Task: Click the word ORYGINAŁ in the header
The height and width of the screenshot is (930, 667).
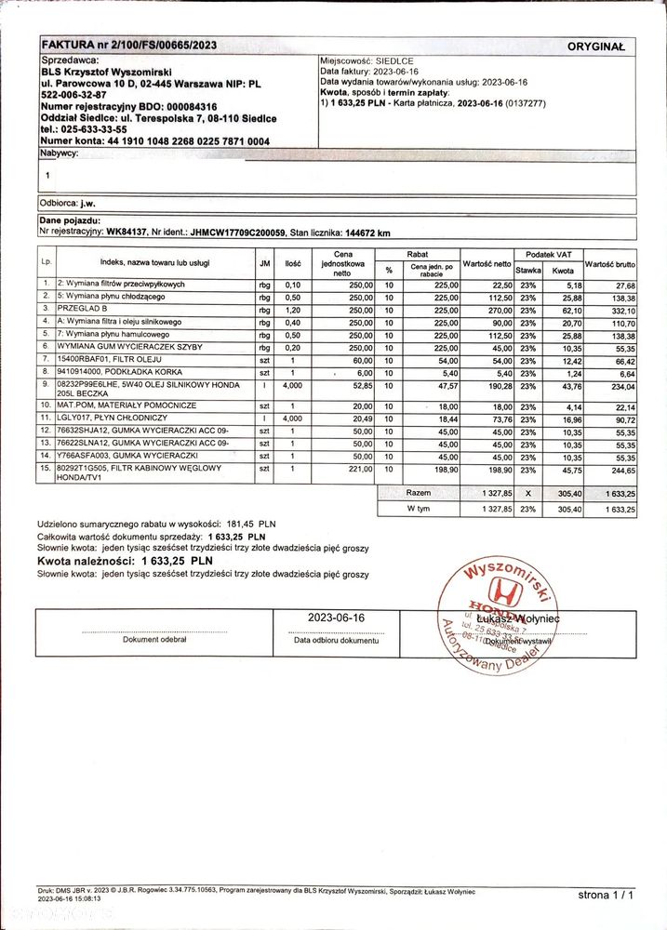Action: (596, 46)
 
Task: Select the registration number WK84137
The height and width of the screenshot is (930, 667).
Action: (127, 232)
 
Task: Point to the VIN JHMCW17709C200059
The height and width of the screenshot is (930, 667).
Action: (230, 232)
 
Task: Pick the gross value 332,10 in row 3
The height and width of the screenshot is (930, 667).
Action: (617, 309)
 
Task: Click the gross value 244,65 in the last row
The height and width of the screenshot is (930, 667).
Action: (617, 470)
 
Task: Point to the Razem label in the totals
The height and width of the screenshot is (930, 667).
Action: (419, 492)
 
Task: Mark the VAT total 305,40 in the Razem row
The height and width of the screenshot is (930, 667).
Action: (563, 493)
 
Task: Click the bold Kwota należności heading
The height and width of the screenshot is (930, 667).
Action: (126, 562)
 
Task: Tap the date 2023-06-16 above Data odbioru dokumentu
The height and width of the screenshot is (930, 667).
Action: (336, 618)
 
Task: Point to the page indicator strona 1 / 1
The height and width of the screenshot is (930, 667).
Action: (605, 895)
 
